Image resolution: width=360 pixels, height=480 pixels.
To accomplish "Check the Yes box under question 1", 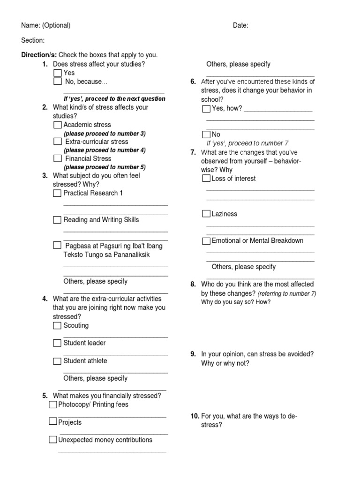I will [x=57, y=73].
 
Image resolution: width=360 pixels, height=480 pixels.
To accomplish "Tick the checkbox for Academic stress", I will [x=57, y=125].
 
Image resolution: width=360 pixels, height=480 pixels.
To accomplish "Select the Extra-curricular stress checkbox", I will [x=57, y=142].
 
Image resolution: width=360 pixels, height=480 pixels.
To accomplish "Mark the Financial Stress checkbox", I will [x=57, y=159].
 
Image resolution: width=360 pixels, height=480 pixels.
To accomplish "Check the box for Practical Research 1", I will [x=57, y=193].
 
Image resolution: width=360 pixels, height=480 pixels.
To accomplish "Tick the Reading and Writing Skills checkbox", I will [x=57, y=220].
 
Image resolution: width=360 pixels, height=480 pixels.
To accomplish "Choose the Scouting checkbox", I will [x=57, y=326].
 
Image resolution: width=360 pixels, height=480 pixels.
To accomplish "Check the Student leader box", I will [x=57, y=343].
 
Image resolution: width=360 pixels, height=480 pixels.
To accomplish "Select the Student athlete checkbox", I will [x=57, y=361].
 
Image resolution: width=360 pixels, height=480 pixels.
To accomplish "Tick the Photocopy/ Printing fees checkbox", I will [x=52, y=405].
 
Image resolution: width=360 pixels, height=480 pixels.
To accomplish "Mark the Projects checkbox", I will [x=52, y=422].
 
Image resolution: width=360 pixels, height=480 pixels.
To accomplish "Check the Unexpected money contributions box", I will [x=52, y=440].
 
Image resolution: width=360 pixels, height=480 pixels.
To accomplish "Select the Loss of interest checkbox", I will [x=206, y=179].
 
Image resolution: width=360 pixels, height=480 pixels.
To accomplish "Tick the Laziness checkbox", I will [x=206, y=214].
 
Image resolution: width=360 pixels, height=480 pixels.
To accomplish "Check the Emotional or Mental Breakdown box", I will [x=206, y=241].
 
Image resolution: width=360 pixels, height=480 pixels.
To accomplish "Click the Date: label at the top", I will [x=240, y=26].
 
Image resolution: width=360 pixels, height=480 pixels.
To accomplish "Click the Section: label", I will [x=33, y=41].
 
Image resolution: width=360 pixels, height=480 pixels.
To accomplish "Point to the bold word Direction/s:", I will [x=39, y=55].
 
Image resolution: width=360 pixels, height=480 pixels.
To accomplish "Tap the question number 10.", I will [x=195, y=416].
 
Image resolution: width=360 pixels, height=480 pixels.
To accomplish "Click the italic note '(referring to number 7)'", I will [x=287, y=293].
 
